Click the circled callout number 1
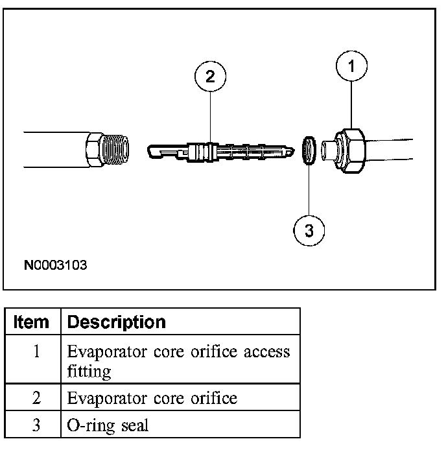[352, 65]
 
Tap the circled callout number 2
[209, 77]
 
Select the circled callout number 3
[309, 230]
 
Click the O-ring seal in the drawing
[310, 150]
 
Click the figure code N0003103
[55, 265]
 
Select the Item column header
[31, 322]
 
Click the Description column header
[117, 322]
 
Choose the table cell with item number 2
[36, 398]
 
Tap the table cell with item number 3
[36, 425]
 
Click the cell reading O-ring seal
[108, 425]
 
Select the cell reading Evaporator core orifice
[152, 398]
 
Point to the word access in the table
[266, 352]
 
